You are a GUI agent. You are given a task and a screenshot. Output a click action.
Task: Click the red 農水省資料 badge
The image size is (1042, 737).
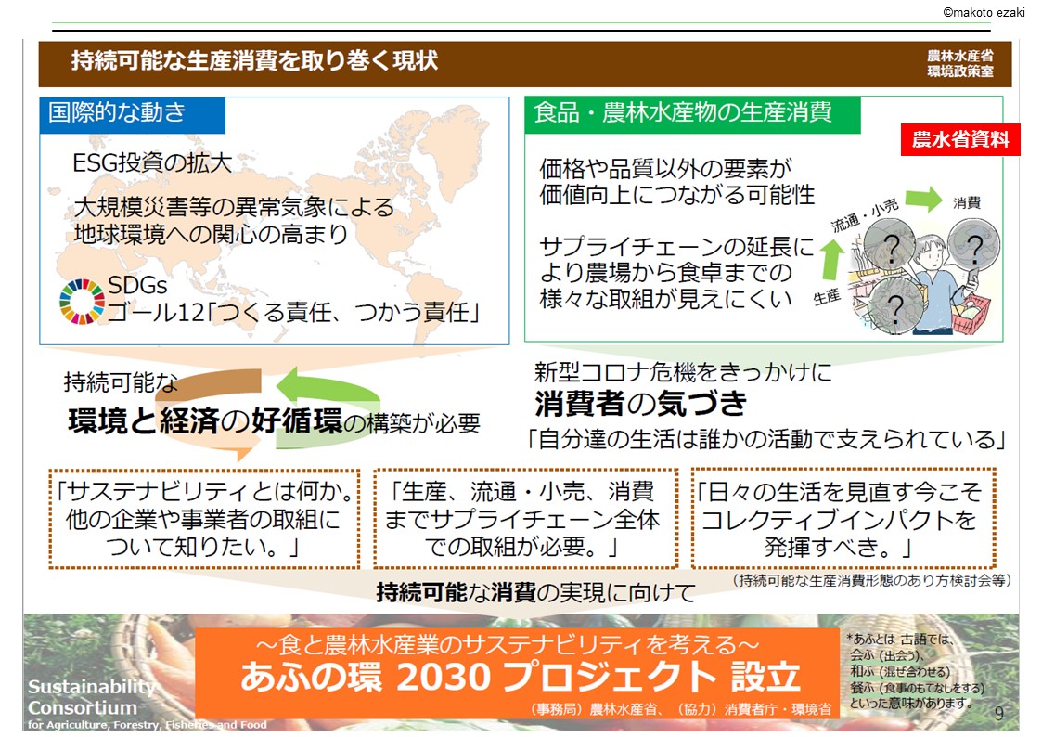(960, 139)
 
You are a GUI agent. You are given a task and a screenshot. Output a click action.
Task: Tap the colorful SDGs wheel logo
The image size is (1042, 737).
(82, 301)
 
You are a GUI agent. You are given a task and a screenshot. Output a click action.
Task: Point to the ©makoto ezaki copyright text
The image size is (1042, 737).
(984, 12)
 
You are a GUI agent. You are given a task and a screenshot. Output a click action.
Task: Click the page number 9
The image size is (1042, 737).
(998, 713)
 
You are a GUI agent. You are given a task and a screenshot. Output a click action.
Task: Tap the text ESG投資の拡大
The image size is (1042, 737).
(152, 162)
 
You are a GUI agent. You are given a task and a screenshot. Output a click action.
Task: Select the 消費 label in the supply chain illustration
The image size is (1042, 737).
(966, 202)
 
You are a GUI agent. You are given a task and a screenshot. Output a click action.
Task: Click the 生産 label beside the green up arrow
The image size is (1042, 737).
(828, 296)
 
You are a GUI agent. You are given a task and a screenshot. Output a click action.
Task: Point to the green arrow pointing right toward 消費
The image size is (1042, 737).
(924, 199)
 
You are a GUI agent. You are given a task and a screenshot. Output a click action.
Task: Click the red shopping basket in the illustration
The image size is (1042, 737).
(971, 314)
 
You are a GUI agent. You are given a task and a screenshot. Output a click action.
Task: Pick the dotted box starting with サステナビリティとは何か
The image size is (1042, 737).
(204, 519)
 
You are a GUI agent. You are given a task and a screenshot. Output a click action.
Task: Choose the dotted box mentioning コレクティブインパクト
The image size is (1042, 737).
(843, 519)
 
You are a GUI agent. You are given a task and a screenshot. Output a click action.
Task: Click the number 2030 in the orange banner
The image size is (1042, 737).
(444, 677)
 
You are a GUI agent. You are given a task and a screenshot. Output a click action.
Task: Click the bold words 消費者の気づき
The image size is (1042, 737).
(640, 403)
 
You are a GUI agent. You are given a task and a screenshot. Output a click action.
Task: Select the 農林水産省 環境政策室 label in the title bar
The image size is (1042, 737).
(960, 64)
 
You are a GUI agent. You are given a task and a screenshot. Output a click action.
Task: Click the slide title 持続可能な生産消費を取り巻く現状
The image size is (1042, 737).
(254, 60)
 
